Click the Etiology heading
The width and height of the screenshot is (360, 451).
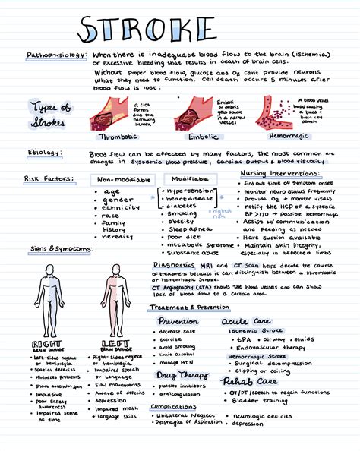pos(44,153)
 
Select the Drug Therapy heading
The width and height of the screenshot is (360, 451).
pos(181,374)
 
